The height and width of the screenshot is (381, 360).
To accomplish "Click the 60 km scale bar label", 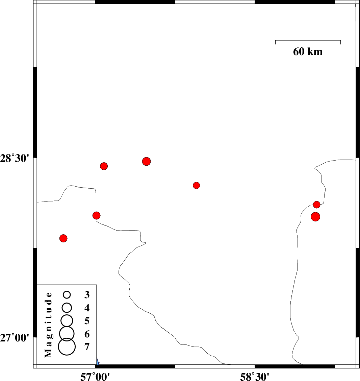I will click(x=308, y=52).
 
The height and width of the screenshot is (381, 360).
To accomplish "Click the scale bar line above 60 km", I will click(x=308, y=40).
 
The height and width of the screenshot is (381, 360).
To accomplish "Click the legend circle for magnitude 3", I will click(x=67, y=295).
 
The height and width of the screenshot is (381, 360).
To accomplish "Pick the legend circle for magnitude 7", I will click(x=67, y=347).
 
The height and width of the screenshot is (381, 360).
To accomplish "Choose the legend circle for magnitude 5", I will click(x=67, y=320).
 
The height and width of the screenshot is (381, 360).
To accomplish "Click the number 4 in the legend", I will click(x=87, y=308).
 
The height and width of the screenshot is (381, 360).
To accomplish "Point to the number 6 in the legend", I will click(x=87, y=334).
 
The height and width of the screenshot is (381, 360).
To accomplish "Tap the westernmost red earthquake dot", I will click(x=63, y=238).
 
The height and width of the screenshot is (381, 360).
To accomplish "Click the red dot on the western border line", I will click(x=97, y=215).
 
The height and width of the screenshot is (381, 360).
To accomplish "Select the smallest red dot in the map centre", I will click(x=197, y=185).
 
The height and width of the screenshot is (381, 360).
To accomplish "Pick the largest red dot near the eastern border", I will click(x=315, y=217).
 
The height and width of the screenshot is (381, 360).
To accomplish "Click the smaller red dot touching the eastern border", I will click(x=316, y=205).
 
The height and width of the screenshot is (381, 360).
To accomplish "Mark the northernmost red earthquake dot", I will click(x=146, y=161).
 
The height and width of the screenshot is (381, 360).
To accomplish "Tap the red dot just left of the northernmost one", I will click(x=104, y=166).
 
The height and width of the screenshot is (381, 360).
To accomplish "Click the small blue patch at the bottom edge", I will click(x=97, y=362).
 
